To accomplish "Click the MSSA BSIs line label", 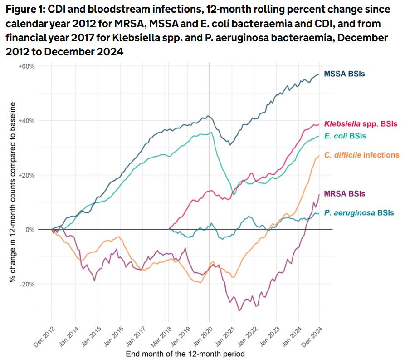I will (x=344, y=74).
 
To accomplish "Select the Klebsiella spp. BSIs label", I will (x=360, y=123).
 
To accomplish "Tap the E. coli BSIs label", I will (x=345, y=136).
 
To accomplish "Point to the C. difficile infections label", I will (x=361, y=155).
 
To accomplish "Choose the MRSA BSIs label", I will (x=345, y=194).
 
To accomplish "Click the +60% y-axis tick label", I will (x=26, y=66).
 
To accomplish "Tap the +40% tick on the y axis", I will (x=26, y=121).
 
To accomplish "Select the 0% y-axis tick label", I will (x=30, y=230).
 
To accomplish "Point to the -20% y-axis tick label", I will (x=27, y=284).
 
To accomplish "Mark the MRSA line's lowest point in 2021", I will (x=239, y=310).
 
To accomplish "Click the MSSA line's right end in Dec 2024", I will (x=319, y=74).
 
